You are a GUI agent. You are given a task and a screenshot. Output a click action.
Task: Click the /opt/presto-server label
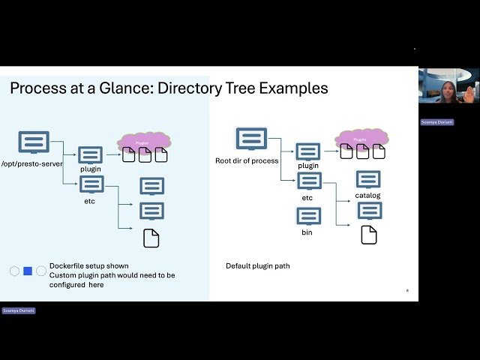(x=31, y=163)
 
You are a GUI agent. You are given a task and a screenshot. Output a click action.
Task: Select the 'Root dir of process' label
(x=247, y=160)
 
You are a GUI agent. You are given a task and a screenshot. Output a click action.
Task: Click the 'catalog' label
(x=367, y=196)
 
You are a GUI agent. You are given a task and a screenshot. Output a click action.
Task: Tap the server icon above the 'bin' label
(x=308, y=217)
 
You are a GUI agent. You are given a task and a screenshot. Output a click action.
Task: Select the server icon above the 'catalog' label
(x=367, y=179)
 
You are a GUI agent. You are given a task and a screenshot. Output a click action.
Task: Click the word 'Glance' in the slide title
(x=140, y=88)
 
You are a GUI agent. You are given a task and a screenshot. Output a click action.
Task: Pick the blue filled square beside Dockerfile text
(x=28, y=271)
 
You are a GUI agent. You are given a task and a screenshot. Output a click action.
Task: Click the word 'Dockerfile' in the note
(x=68, y=266)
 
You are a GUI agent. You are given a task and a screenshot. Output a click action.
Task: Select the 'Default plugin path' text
(x=257, y=266)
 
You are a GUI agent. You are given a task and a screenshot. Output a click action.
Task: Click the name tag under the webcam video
(x=436, y=122)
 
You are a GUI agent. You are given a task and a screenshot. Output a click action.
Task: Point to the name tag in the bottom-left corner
(x=18, y=310)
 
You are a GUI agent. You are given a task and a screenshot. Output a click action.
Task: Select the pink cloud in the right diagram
(x=362, y=138)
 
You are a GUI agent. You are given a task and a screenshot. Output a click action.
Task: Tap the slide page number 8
(x=407, y=290)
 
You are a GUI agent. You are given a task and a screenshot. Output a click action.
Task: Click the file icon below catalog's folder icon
(x=368, y=235)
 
